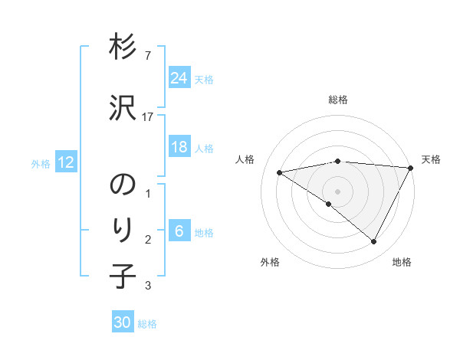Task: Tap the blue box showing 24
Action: [x=179, y=78]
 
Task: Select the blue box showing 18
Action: [x=179, y=147]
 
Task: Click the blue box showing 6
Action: [x=179, y=232]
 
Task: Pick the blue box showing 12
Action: [x=66, y=162]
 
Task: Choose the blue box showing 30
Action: [x=123, y=322]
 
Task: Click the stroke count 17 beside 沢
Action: [x=148, y=116]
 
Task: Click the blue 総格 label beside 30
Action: [x=147, y=324]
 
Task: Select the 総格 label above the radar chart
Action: [x=337, y=100]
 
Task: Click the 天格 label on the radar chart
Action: [x=431, y=159]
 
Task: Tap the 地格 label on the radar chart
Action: [x=402, y=262]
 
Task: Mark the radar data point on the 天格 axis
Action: [x=412, y=168]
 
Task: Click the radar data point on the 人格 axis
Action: [x=280, y=172]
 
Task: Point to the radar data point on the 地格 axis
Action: [x=374, y=242]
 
